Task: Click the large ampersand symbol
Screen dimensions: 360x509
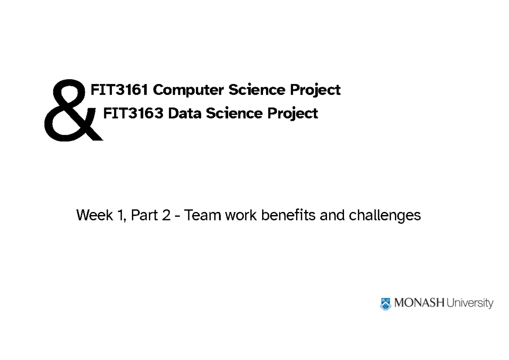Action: click(70, 111)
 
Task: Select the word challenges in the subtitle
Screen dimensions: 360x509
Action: click(385, 216)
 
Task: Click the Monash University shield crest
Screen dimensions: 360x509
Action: click(385, 304)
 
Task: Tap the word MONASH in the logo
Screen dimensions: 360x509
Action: click(419, 303)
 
